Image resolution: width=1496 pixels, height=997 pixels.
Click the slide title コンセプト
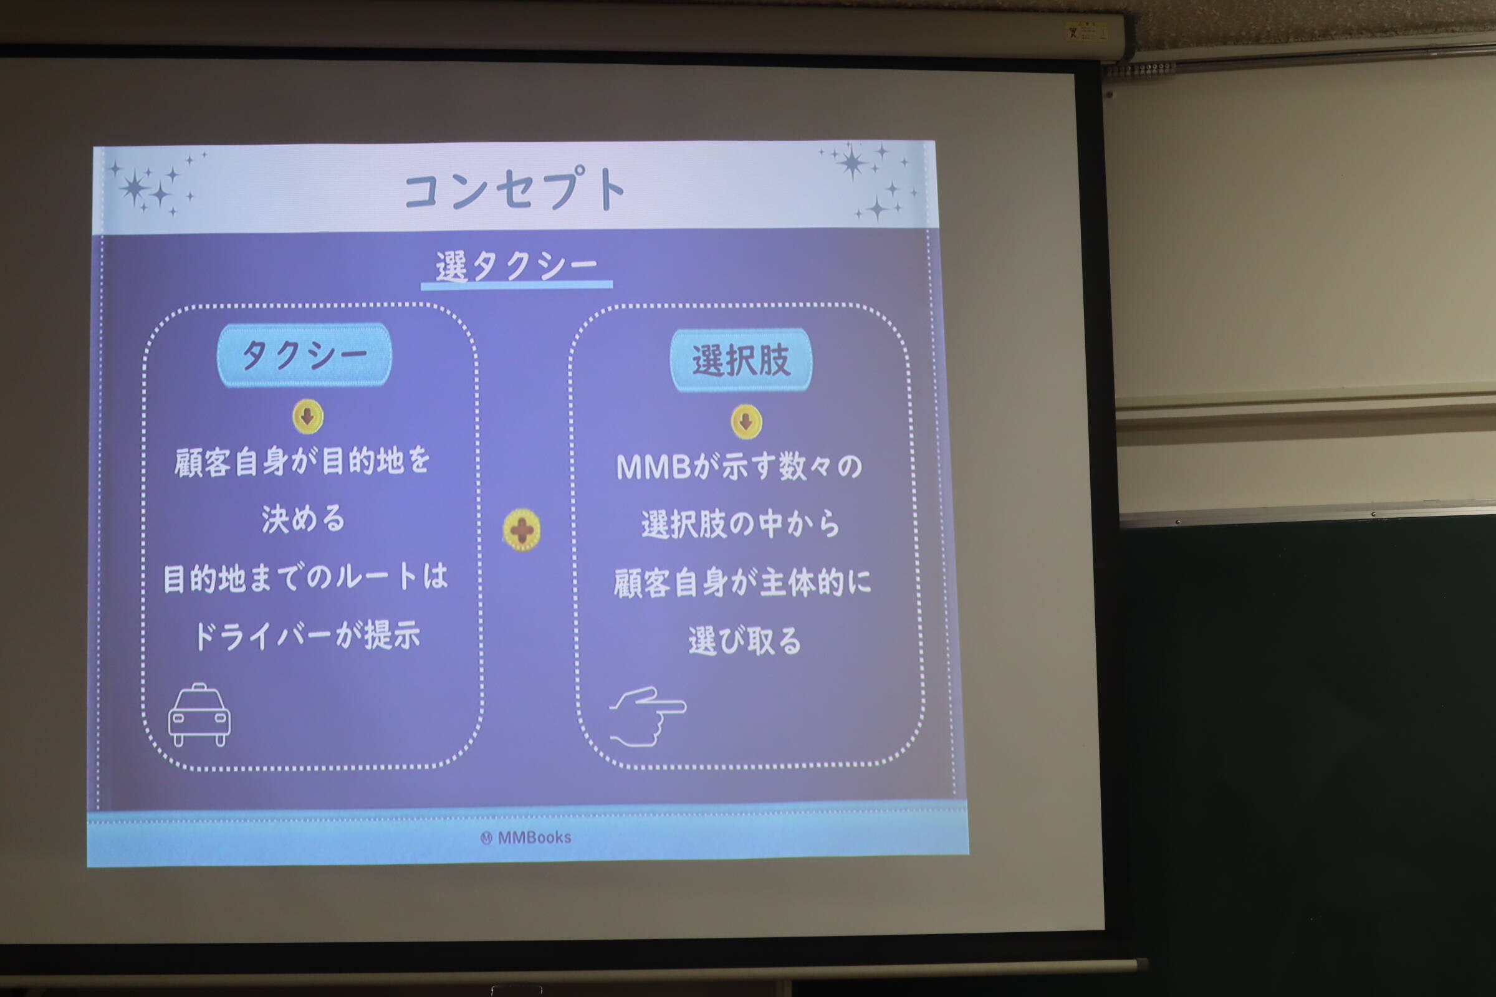(x=515, y=188)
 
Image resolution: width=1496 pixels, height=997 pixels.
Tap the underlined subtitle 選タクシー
(x=517, y=266)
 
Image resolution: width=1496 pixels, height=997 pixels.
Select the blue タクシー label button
(x=304, y=355)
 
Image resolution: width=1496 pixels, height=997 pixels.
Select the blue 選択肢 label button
(x=741, y=360)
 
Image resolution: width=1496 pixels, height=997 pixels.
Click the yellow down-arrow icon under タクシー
(x=308, y=416)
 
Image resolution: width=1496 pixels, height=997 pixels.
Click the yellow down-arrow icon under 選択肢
(x=746, y=422)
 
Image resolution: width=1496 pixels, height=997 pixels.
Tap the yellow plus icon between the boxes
(x=522, y=530)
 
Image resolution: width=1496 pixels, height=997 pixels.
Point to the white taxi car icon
(x=199, y=715)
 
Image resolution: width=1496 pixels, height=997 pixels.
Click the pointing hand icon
(x=648, y=716)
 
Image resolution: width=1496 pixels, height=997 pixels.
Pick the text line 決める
(x=304, y=519)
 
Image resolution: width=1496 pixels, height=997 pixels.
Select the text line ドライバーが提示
(x=307, y=635)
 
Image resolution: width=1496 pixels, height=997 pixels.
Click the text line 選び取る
(x=745, y=641)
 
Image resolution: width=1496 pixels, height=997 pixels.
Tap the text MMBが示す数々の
(x=739, y=467)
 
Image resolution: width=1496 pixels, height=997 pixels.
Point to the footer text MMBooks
(x=527, y=837)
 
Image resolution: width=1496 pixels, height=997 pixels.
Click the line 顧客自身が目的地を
(x=303, y=461)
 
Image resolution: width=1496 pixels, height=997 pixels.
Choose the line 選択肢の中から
(x=741, y=525)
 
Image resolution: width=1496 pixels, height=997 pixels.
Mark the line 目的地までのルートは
(x=306, y=578)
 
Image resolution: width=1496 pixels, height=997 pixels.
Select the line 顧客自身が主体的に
(x=742, y=583)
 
